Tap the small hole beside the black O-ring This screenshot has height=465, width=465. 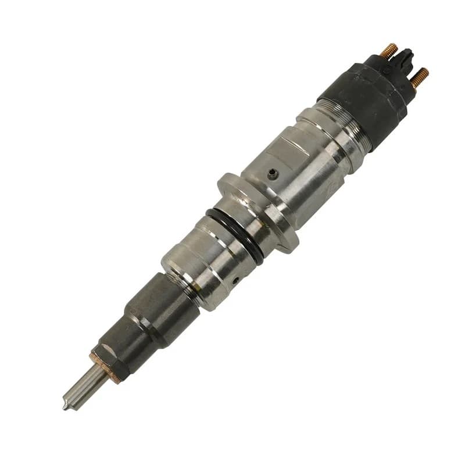point(235,279)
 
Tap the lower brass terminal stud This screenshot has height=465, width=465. point(420,77)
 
